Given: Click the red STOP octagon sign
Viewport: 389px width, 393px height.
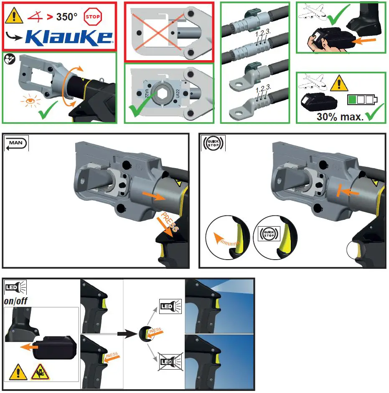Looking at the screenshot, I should point(93,17).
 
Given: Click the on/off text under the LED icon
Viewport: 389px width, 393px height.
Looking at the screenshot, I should point(16,300).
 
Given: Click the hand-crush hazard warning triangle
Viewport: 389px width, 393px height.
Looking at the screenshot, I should point(40,372).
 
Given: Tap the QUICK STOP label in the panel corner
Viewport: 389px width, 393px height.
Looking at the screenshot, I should point(214,143).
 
